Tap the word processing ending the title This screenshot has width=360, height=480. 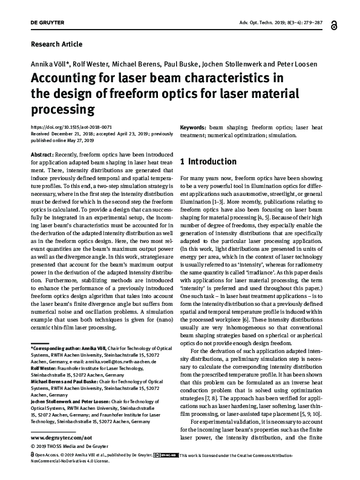tap(59, 110)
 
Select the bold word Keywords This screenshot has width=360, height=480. tap(194, 128)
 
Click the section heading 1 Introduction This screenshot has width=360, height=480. tap(209, 162)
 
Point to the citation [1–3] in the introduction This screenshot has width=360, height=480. tap(226, 197)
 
